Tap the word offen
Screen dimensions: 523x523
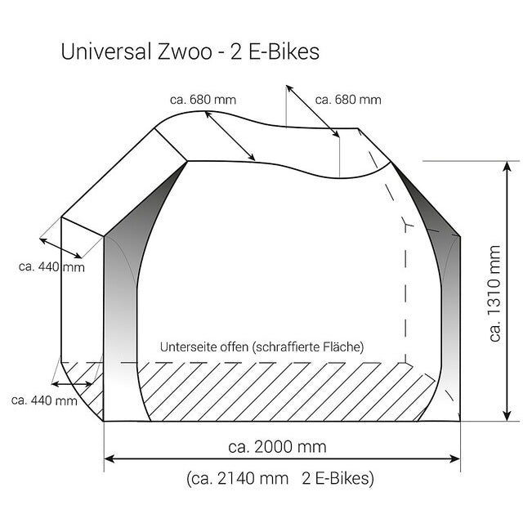pos(238,346)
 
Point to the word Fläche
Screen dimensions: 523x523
pos(345,346)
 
